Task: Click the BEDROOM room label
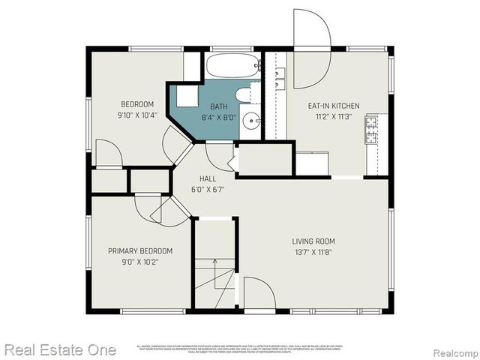pyautogui.click(x=137, y=104)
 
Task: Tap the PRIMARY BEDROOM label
pyautogui.click(x=140, y=251)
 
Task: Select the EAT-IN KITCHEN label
pyautogui.click(x=334, y=106)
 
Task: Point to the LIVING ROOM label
pyautogui.click(x=313, y=241)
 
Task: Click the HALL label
pyautogui.click(x=208, y=178)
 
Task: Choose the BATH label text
pyautogui.click(x=218, y=106)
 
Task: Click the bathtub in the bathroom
pyautogui.click(x=232, y=66)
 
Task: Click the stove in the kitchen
pyautogui.click(x=372, y=129)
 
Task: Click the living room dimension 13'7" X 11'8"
pyautogui.click(x=313, y=252)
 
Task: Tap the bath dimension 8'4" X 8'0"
pyautogui.click(x=218, y=117)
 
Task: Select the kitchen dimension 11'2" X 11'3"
pyautogui.click(x=334, y=116)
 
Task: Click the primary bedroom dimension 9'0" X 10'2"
pyautogui.click(x=140, y=262)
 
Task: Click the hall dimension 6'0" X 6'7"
pyautogui.click(x=208, y=189)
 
